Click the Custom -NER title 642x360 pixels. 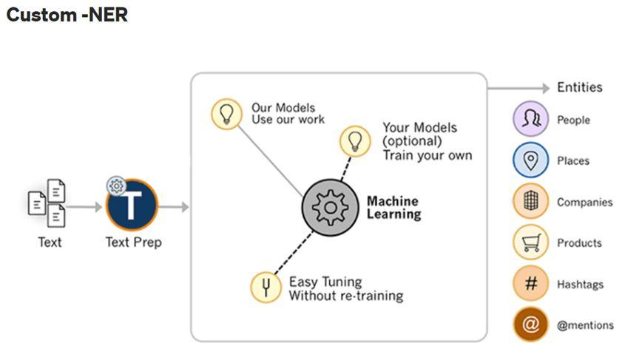tap(67, 15)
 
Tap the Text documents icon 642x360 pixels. tap(47, 203)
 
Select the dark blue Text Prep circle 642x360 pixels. tap(132, 206)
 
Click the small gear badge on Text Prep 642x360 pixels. tap(116, 186)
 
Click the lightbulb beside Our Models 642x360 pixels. tap(226, 114)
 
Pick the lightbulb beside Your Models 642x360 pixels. tap(355, 140)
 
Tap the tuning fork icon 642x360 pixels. tap(266, 287)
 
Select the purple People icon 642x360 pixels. tap(530, 120)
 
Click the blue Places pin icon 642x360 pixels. tap(530, 160)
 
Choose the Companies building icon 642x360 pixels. tap(530, 202)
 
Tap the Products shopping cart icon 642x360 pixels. tap(530, 242)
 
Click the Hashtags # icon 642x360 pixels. tap(530, 283)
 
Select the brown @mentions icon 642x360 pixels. tap(530, 325)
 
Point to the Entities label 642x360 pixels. tap(580, 87)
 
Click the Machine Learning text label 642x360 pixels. tap(393, 208)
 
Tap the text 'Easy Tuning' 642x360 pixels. tap(325, 282)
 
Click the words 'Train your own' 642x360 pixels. tap(427, 155)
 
